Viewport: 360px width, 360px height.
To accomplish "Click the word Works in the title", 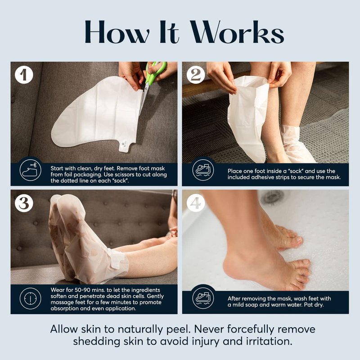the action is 238,31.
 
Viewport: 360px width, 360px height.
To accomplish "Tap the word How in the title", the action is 117,31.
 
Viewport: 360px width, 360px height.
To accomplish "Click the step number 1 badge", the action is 24,75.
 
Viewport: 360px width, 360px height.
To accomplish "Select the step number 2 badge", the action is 196,75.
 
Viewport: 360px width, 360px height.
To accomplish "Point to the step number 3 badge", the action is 24,203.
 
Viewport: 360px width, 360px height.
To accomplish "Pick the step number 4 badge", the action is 196,203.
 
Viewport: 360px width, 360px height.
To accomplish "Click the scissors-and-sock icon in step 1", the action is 30,171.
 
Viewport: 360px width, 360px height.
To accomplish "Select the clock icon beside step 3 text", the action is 30,298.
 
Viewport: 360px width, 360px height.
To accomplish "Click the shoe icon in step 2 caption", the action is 203,171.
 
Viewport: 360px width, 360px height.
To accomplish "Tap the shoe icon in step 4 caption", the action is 203,298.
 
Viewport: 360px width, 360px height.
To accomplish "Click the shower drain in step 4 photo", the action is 273,197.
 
